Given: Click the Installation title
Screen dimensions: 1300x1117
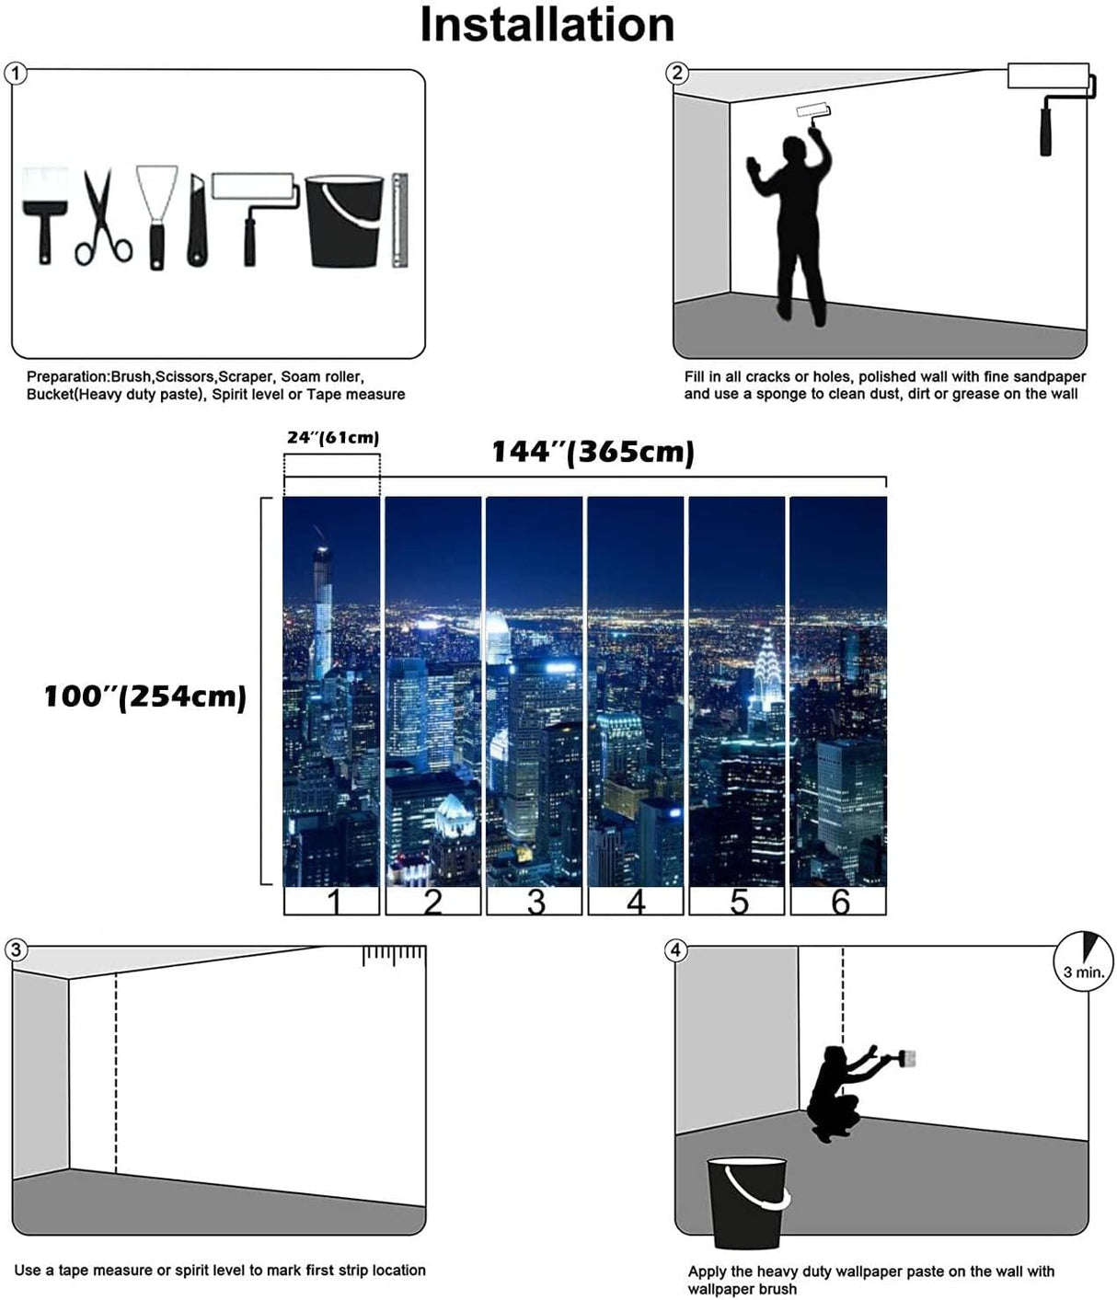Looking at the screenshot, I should (547, 25).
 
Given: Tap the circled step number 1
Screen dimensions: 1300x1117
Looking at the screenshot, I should (16, 74).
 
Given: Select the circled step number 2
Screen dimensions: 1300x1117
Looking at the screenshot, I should (677, 74).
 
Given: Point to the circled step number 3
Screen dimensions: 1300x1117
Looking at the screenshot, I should (16, 950).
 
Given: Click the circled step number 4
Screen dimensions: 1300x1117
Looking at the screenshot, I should (676, 950).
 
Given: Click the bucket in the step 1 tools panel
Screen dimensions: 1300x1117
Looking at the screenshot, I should (343, 222).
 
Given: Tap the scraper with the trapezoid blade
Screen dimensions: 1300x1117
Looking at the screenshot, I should (156, 217).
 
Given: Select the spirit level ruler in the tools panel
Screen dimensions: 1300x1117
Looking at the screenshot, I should (399, 221).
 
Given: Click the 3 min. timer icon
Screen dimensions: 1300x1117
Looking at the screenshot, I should (1084, 961).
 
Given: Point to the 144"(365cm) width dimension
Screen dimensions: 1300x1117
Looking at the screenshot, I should (593, 452).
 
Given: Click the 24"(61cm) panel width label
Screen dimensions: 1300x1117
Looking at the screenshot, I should (332, 438).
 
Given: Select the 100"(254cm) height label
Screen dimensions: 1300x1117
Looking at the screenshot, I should (145, 696).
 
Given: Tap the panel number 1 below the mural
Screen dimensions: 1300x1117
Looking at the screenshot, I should (332, 902).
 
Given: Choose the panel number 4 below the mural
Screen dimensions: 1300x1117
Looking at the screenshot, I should (636, 902).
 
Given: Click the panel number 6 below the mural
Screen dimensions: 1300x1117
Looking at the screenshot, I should (839, 902).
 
